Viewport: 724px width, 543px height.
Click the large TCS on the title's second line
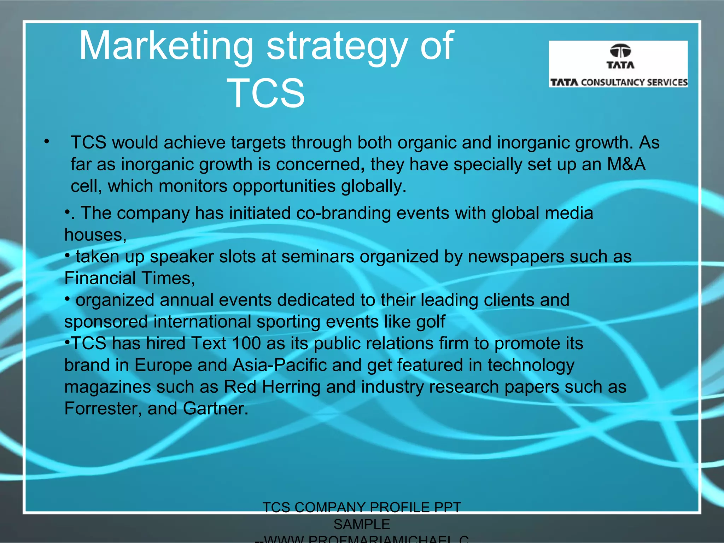point(266,93)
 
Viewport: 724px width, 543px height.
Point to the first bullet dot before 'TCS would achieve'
point(47,142)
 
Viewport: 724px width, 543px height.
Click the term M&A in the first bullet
point(626,164)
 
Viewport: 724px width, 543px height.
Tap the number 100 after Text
point(246,344)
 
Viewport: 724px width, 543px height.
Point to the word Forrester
point(103,409)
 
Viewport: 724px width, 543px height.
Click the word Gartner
point(215,409)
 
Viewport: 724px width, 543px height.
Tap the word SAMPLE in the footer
point(362,524)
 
